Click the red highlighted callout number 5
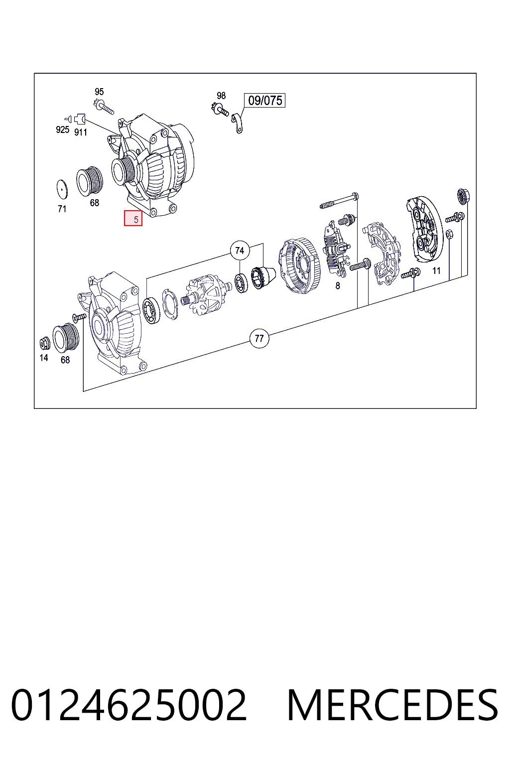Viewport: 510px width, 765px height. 133,218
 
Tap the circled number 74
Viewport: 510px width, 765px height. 240,251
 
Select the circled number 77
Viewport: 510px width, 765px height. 259,338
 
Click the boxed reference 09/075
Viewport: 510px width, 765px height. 265,101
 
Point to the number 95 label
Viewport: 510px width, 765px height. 99,92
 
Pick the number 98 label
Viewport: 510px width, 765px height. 221,95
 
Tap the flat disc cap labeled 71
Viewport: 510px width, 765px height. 62,189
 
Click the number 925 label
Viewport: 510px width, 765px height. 63,129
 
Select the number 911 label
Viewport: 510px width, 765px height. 81,132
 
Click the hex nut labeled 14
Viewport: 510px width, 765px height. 44,343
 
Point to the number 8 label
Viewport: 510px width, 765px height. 338,285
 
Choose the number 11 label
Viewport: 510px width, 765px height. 436,271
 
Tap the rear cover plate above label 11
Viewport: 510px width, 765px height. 425,227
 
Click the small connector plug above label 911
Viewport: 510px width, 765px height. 80,119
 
